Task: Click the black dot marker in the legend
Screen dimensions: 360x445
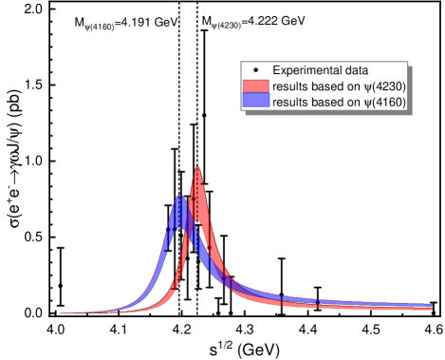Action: click(257, 71)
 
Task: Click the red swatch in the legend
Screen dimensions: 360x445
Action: click(257, 86)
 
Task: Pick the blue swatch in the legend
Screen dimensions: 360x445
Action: click(257, 101)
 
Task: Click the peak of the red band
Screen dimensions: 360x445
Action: click(197, 171)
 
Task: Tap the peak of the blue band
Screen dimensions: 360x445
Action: click(178, 198)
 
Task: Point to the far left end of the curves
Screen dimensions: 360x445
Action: click(63, 312)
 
